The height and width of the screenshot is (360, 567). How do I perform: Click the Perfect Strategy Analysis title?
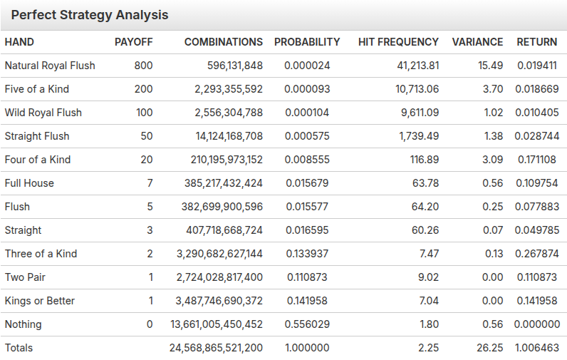[90, 15]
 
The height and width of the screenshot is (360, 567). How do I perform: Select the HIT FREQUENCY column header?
[398, 42]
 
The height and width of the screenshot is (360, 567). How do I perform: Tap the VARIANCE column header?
[477, 42]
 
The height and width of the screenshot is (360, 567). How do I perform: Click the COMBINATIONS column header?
[224, 42]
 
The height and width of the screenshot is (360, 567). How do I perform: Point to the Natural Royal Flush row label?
[50, 66]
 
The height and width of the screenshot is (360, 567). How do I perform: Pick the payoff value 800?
[144, 66]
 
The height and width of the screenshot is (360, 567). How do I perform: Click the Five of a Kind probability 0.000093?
[307, 89]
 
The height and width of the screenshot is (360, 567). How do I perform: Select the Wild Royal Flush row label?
[43, 113]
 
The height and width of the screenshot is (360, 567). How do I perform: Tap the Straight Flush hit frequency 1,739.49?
[419, 136]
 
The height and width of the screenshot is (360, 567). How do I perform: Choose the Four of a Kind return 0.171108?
[537, 160]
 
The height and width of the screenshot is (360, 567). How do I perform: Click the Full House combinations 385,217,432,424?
[224, 183]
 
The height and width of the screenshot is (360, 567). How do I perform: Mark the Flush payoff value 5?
[150, 207]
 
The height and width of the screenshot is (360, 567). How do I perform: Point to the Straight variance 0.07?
[493, 230]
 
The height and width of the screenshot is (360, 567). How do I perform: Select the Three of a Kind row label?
[41, 254]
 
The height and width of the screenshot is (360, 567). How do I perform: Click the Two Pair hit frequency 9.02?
[429, 277]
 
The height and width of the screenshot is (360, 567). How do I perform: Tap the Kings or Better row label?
[40, 301]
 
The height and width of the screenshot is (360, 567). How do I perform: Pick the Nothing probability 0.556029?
[307, 324]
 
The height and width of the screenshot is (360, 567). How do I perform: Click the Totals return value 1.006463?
[536, 348]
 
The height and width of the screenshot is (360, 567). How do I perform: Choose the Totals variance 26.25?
[489, 348]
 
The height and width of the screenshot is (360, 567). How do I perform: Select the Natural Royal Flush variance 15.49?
[490, 66]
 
